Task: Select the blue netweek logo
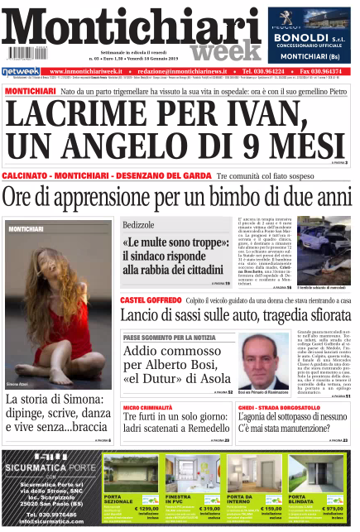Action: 21,72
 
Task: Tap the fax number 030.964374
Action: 330,72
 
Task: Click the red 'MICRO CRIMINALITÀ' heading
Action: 148,408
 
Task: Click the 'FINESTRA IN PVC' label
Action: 180,499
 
